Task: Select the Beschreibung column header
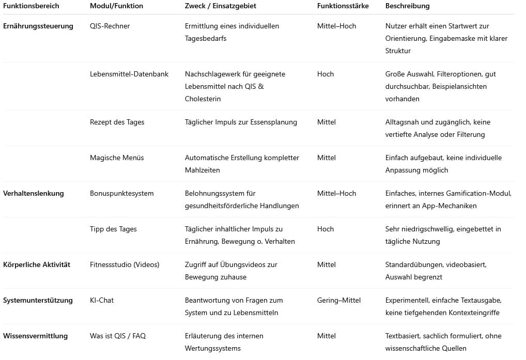point(407,6)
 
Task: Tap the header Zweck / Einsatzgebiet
point(220,6)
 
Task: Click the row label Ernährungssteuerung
point(38,26)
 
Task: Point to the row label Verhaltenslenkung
point(34,193)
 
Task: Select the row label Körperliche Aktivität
point(37,264)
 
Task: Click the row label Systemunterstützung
point(38,300)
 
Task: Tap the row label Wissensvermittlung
point(35,336)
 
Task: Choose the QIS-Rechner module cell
point(110,26)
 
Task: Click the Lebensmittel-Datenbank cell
point(129,74)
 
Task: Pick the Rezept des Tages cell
point(117,122)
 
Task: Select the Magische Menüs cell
point(117,158)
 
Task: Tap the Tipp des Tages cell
point(113,229)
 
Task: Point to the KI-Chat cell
point(102,300)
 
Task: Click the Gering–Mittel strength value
point(338,300)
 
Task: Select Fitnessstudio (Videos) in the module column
point(125,264)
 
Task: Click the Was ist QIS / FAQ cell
point(118,336)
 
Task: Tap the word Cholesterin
point(203,99)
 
